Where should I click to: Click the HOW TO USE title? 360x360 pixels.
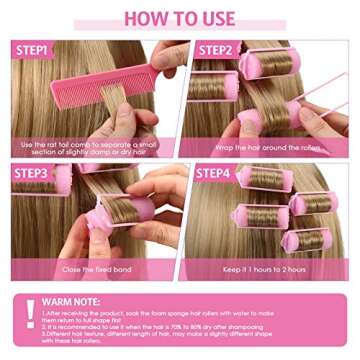[180, 18]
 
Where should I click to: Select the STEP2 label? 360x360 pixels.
[214, 49]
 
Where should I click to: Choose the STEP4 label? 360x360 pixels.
[214, 173]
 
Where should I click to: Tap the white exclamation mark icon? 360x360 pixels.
[31, 313]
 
